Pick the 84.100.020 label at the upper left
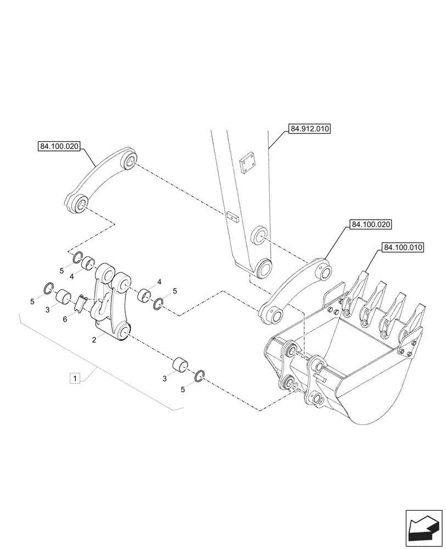[59, 146]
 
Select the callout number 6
[65, 319]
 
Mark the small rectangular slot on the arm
[232, 216]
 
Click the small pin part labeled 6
[81, 302]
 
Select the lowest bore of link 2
[122, 331]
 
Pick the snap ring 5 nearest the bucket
[200, 376]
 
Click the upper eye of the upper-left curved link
[130, 160]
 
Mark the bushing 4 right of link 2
[145, 294]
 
